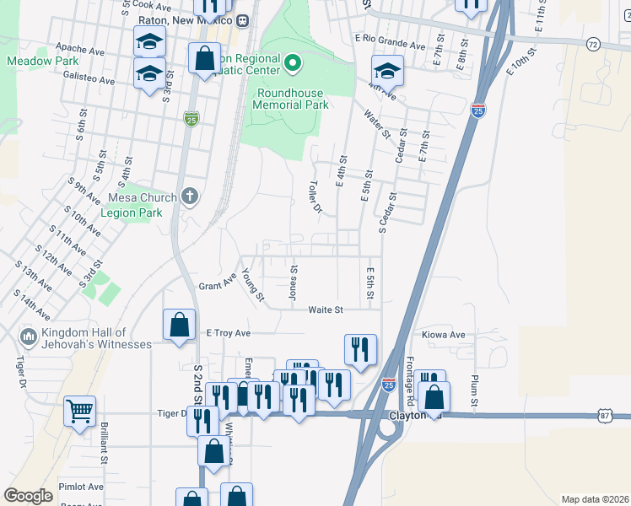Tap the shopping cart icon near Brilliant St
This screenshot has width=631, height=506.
tap(79, 412)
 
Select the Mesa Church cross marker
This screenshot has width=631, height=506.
tap(190, 197)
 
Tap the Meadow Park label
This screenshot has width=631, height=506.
tap(43, 61)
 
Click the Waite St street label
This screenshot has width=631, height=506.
tap(326, 310)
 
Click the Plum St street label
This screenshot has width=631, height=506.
tap(475, 393)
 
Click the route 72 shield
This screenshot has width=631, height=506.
tap(593, 43)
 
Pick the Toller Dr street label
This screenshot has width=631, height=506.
tap(315, 196)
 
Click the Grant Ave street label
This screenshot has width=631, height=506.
tap(218, 281)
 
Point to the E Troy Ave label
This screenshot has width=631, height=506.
tap(229, 333)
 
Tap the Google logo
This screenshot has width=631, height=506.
tap(29, 496)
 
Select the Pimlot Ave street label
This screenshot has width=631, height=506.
tap(81, 487)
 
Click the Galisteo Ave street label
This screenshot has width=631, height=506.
tap(89, 79)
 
